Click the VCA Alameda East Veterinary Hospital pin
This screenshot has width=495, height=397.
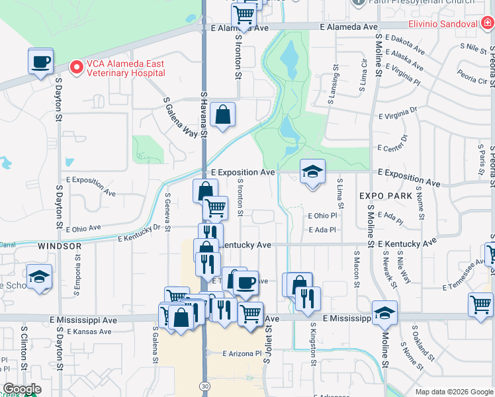[x=76, y=67]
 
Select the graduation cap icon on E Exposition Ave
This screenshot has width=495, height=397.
[x=312, y=172]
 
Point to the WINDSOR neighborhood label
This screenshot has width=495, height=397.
[x=60, y=246]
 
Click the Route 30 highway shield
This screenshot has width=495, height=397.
[x=204, y=384]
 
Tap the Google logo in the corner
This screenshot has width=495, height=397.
[x=21, y=389]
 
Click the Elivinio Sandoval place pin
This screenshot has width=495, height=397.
[x=486, y=24]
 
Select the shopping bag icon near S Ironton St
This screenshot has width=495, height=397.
[x=222, y=114]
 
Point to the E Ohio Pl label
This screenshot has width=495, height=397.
[x=322, y=216]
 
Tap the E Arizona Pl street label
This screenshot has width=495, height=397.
[x=242, y=353]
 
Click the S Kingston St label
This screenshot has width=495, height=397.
[x=313, y=343]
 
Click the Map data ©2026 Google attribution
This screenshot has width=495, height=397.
[x=454, y=392]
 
